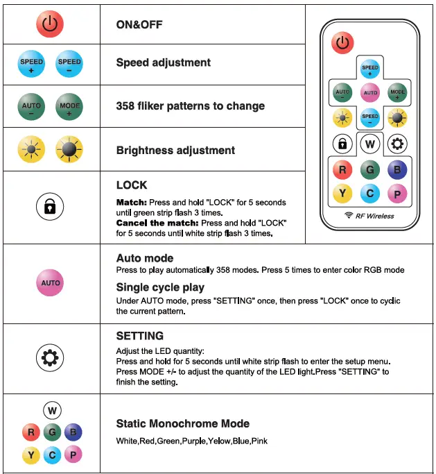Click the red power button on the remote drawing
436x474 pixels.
click(342, 43)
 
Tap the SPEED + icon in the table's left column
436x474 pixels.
click(31, 65)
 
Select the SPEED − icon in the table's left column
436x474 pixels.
click(69, 65)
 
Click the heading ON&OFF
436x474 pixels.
click(139, 24)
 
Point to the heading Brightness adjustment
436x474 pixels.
click(175, 150)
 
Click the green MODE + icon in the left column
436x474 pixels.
click(69, 108)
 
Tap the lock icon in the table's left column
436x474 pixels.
click(50, 207)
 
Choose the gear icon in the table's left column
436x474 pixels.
click(50, 358)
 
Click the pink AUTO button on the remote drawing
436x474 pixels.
click(370, 92)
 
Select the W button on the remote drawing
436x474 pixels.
click(370, 144)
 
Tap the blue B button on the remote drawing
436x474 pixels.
click(397, 169)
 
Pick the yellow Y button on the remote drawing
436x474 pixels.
click(342, 194)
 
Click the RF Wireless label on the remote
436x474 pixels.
click(369, 217)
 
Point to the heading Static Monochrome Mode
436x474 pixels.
click(183, 423)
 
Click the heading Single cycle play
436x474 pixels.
click(160, 287)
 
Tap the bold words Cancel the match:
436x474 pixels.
click(157, 223)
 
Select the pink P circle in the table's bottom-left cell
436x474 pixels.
click(73, 455)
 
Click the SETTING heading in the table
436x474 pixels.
click(140, 336)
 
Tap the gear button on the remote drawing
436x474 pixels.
click(398, 144)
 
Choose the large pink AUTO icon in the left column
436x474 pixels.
click(50, 283)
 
